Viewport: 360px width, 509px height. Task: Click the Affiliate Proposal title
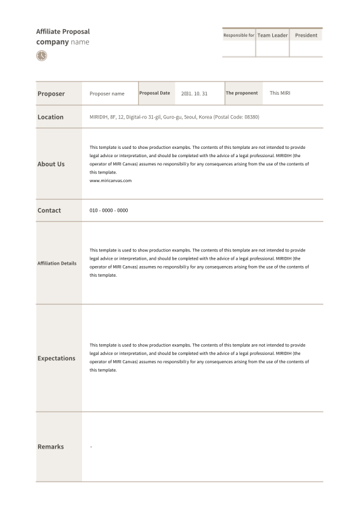click(x=63, y=31)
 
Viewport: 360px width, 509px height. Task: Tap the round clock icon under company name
click(x=41, y=56)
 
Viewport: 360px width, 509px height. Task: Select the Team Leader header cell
click(x=272, y=35)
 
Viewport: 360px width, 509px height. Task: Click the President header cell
click(x=306, y=35)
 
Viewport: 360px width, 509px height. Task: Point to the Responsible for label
click(x=239, y=35)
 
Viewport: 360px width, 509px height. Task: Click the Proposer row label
click(x=51, y=94)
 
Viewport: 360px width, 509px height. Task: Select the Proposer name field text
click(x=107, y=94)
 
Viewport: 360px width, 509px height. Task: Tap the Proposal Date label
click(x=155, y=93)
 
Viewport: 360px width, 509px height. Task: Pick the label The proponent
click(x=242, y=93)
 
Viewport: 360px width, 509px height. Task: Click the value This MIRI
click(x=280, y=93)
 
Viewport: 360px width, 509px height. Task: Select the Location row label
click(x=50, y=117)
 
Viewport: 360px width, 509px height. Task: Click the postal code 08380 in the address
click(x=251, y=117)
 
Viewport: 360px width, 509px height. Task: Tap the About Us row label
click(x=51, y=164)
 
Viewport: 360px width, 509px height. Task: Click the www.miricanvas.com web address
click(x=111, y=181)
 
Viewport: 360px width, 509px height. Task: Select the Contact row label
click(x=49, y=210)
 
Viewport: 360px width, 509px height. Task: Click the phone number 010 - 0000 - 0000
click(x=109, y=210)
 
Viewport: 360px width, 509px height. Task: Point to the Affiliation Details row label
click(x=57, y=263)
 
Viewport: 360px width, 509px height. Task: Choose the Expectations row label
click(x=56, y=358)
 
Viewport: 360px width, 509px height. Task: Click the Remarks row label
click(x=50, y=447)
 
